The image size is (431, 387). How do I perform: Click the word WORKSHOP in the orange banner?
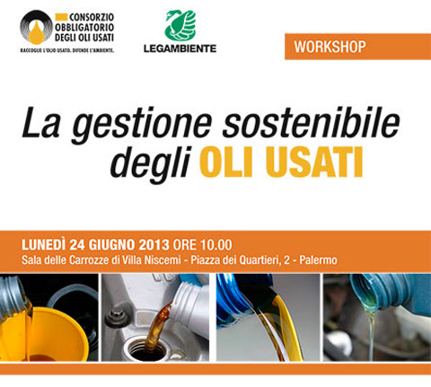pos(330,47)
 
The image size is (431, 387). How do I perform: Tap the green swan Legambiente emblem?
pos(180,25)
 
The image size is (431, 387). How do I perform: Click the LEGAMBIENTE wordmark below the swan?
pos(180,48)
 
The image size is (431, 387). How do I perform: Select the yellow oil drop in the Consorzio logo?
pos(37,32)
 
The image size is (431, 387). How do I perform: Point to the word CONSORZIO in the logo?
pos(92,17)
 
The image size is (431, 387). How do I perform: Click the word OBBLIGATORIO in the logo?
pos(84,27)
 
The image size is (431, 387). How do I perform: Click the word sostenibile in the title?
pos(312,121)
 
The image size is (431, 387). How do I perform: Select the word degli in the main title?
pos(151,163)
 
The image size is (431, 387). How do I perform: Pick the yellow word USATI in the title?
pos(314,163)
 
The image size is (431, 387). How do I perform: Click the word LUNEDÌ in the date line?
pos(43,245)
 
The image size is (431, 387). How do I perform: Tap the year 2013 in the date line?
pos(154,245)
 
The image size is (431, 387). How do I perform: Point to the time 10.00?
pos(215,245)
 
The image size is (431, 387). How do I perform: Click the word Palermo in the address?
pos(318,259)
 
